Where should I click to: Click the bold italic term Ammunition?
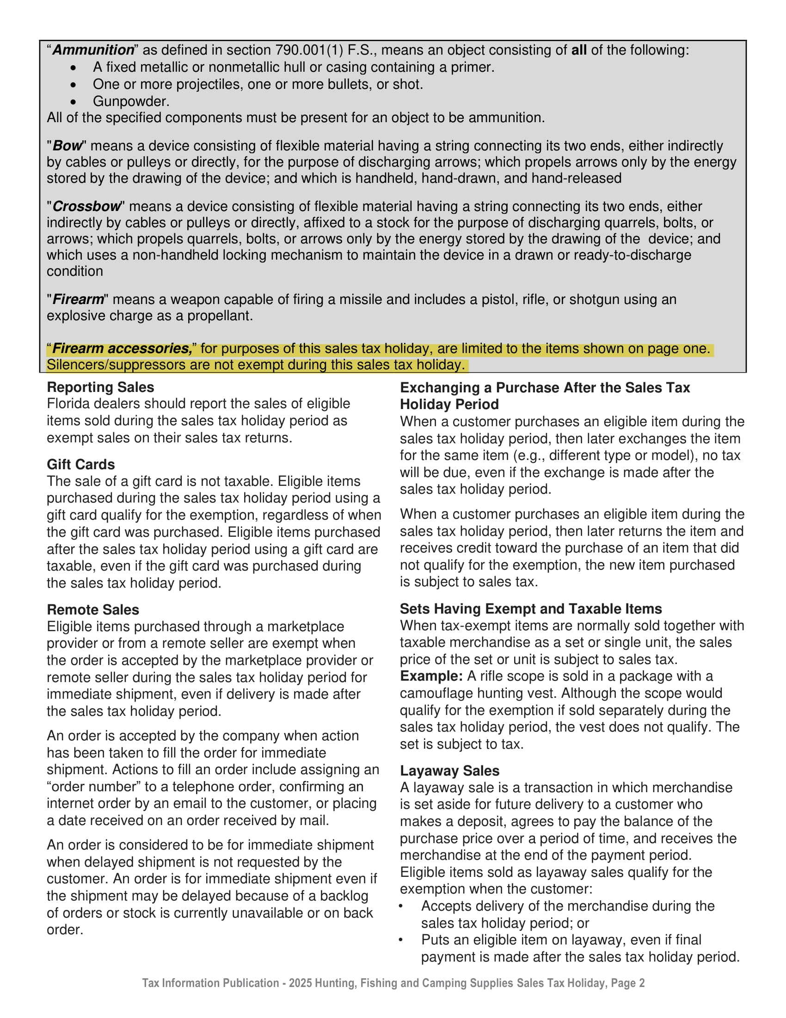(93, 50)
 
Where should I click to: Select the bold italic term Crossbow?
(86, 206)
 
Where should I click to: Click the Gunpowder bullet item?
(131, 101)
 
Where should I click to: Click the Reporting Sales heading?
(100, 387)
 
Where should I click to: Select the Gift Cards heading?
(80, 464)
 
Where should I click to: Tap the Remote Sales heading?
(92, 610)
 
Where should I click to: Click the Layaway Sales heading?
(449, 771)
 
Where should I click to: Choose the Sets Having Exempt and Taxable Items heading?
(531, 609)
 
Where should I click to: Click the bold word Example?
(431, 676)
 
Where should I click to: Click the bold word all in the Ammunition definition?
(579, 50)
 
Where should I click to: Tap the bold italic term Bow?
(68, 145)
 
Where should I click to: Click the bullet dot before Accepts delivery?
(401, 906)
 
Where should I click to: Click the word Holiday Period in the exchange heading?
(449, 404)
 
